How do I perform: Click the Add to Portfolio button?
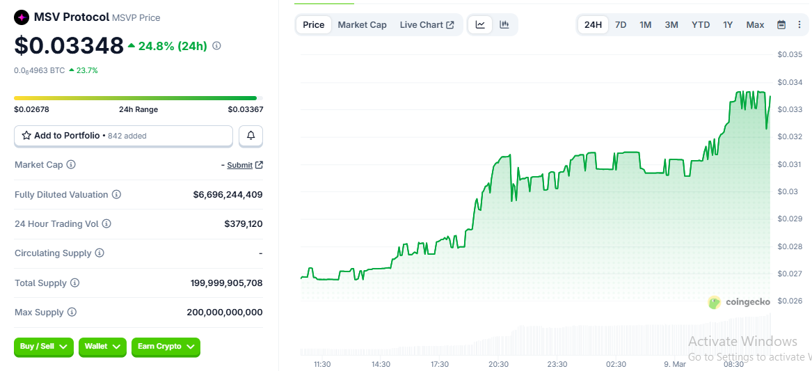(123, 136)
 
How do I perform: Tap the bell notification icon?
(250, 136)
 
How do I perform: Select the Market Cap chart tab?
(362, 25)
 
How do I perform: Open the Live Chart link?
(427, 25)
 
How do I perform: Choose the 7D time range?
(621, 25)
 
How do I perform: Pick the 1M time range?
(646, 25)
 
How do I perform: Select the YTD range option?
(701, 25)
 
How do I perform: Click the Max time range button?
(755, 25)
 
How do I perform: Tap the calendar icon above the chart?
(781, 25)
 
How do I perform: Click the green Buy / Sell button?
(43, 347)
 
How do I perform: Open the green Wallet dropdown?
(102, 347)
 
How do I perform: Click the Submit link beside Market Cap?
(240, 165)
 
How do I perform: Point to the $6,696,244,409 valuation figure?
(228, 195)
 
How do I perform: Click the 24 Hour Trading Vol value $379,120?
(243, 224)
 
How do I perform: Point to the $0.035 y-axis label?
(790, 54)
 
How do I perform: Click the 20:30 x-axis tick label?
(498, 364)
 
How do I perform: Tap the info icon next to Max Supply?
(72, 313)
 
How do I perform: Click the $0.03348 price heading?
(69, 45)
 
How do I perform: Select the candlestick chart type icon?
(504, 25)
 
